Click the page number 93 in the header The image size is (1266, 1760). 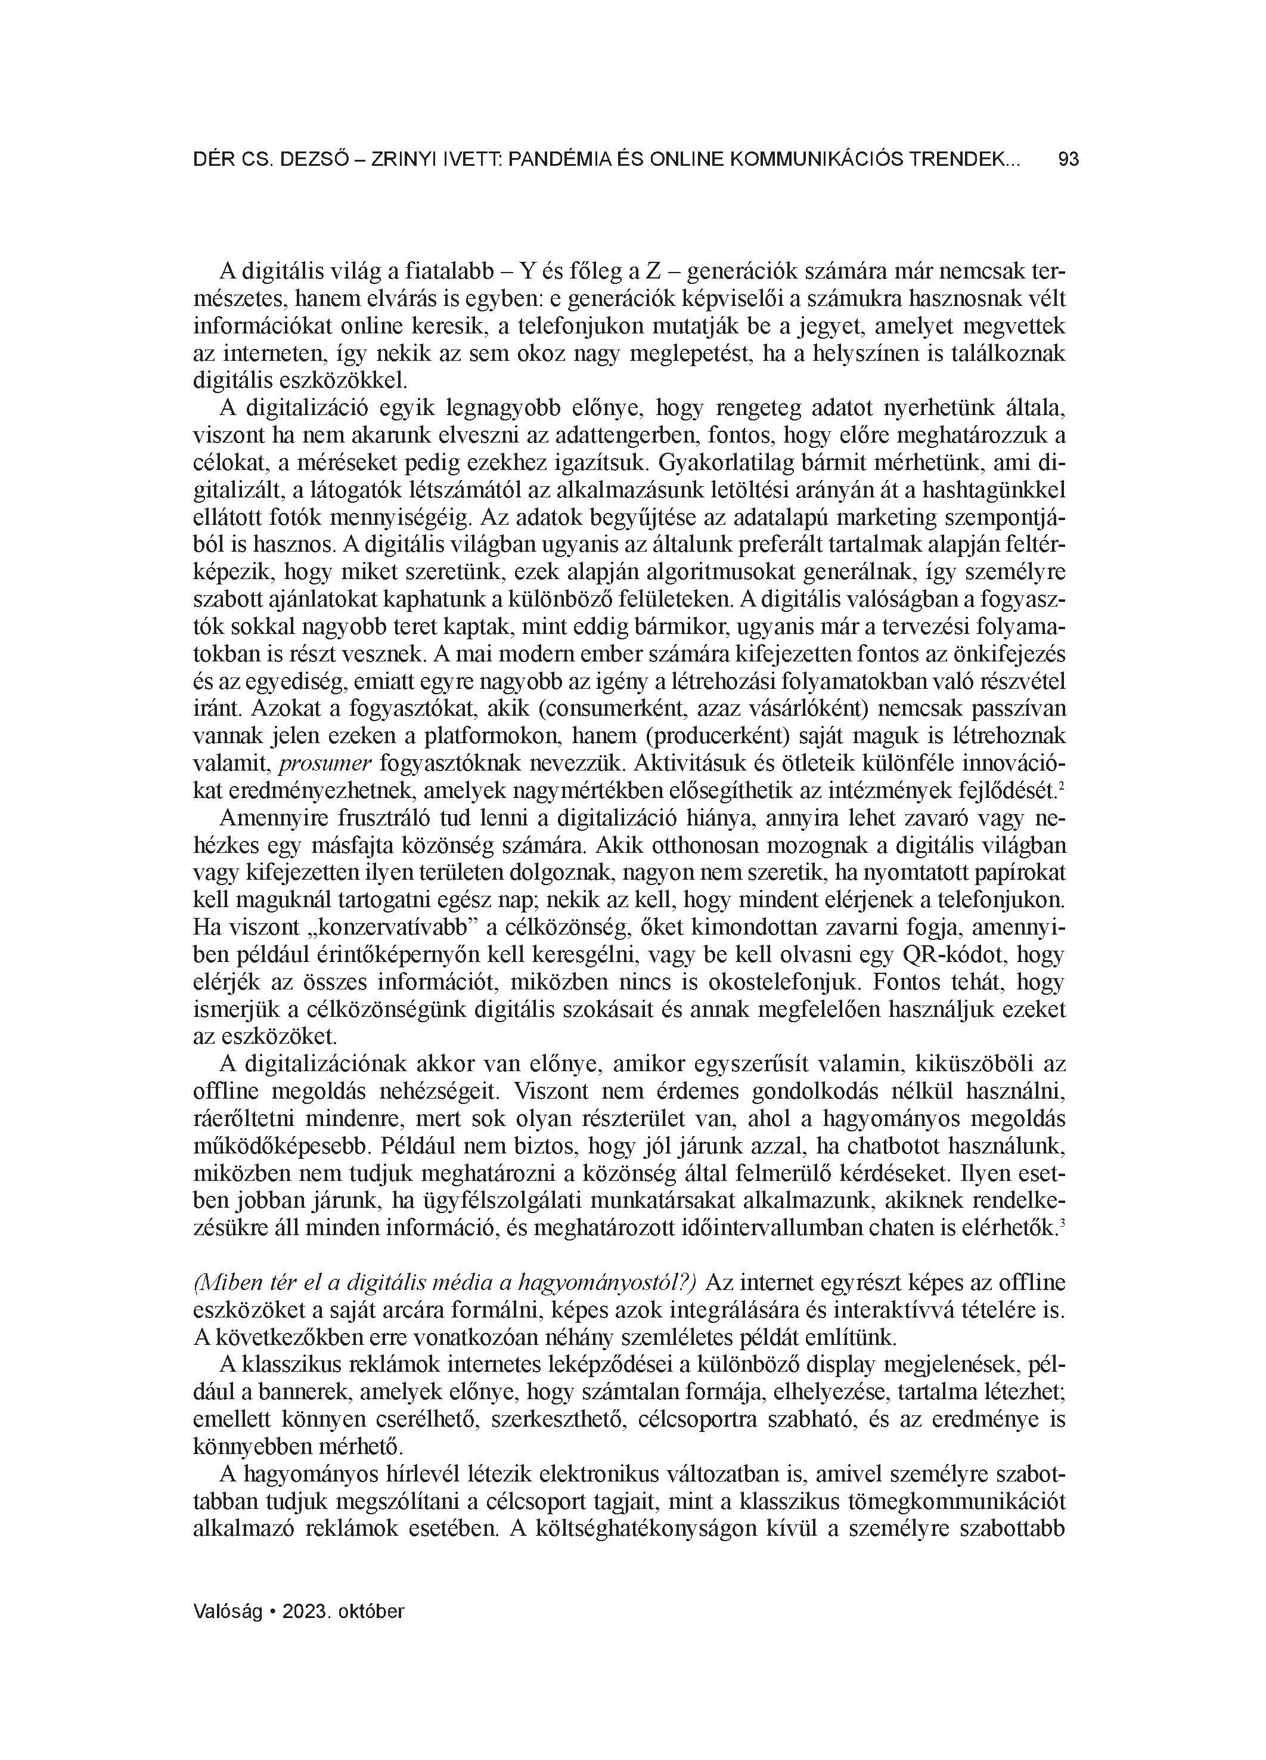click(1068, 160)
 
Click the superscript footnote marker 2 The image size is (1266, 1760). click(1060, 786)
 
